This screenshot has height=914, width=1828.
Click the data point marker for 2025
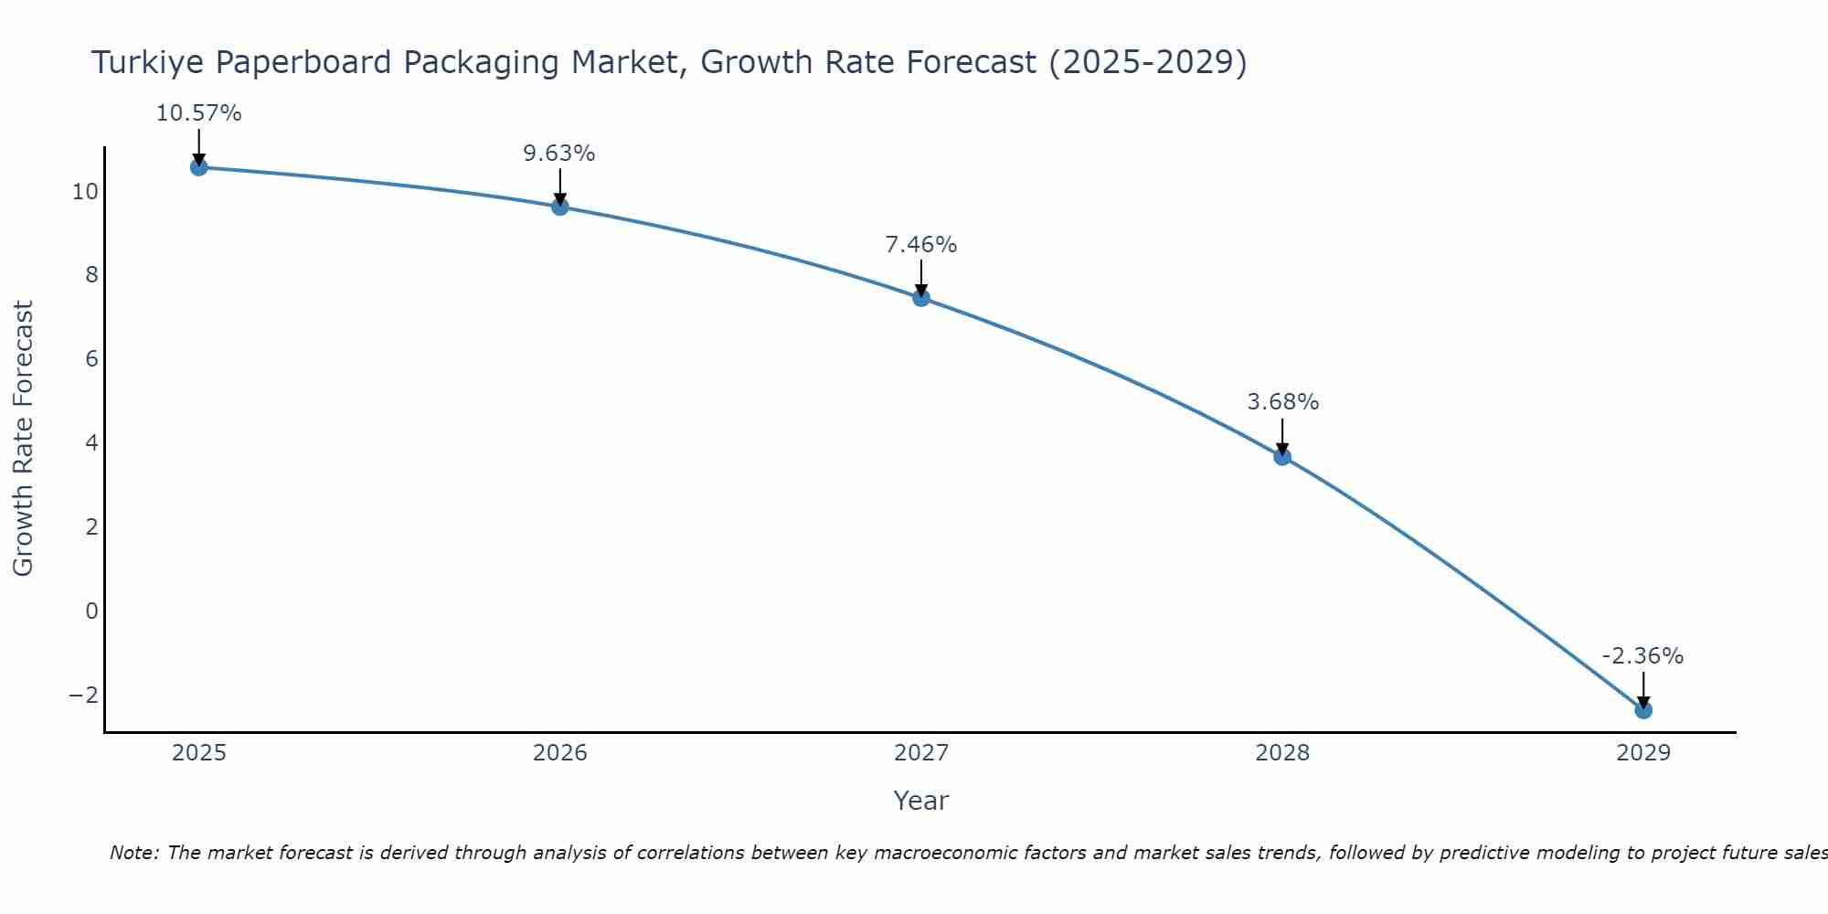pyautogui.click(x=198, y=167)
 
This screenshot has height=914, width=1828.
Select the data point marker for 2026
pyautogui.click(x=560, y=207)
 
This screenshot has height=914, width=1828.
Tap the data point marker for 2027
pyautogui.click(x=921, y=297)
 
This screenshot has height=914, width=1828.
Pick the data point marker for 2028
pyautogui.click(x=1282, y=456)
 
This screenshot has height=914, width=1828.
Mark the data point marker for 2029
pyautogui.click(x=1643, y=709)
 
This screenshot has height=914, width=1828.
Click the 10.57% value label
pyautogui.click(x=198, y=113)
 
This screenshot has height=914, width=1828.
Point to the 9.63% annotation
pyautogui.click(x=559, y=154)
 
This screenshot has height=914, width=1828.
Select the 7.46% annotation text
pyautogui.click(x=921, y=245)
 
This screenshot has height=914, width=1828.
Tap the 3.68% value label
pyautogui.click(x=1282, y=402)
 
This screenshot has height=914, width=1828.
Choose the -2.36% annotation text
pyautogui.click(x=1642, y=656)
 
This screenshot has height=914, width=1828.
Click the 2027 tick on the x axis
pyautogui.click(x=921, y=753)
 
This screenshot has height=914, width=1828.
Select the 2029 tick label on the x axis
pyautogui.click(x=1643, y=753)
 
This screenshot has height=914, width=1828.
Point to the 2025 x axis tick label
pyautogui.click(x=199, y=753)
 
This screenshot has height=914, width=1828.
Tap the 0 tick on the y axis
pyautogui.click(x=91, y=611)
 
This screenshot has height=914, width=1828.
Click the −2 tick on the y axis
pyautogui.click(x=84, y=695)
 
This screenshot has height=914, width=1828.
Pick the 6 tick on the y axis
pyautogui.click(x=91, y=358)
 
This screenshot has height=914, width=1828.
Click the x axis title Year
pyautogui.click(x=921, y=801)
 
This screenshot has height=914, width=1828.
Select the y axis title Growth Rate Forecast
pyautogui.click(x=23, y=439)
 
